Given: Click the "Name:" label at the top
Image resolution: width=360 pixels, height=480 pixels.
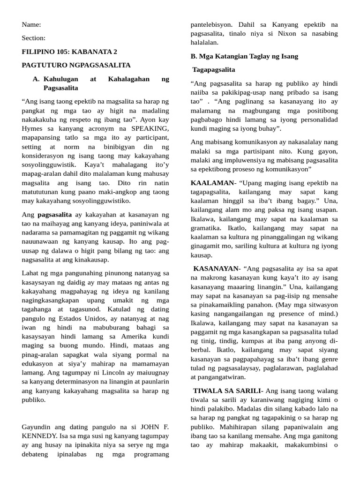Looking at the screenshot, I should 31,24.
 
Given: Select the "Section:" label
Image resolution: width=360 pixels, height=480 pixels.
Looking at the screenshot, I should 34,38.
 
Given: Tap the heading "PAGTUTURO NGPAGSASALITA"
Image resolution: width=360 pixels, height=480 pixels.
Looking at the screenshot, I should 76,65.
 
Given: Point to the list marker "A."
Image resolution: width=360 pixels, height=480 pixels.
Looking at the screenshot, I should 36,79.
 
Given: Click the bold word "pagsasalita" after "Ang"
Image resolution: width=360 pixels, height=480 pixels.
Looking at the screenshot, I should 54,214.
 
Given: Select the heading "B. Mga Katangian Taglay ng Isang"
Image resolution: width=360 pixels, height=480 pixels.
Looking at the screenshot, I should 244,56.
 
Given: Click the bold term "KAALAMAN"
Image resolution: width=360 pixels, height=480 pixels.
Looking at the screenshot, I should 212,183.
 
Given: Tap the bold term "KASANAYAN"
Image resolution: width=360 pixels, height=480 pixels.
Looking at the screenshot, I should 216,268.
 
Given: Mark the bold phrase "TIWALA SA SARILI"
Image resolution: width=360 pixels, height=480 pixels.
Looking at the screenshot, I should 228,390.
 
